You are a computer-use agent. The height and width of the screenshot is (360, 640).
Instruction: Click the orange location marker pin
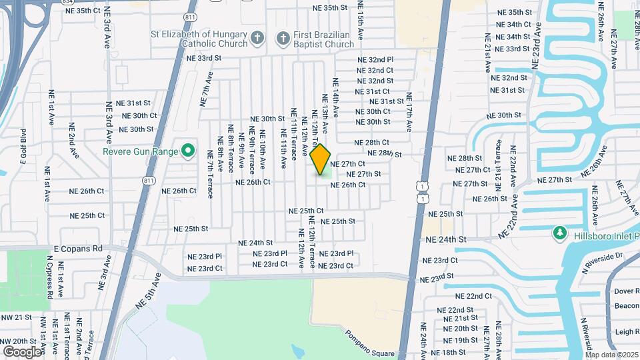pyautogui.click(x=321, y=159)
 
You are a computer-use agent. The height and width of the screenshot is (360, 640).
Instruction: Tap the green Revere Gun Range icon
pyautogui.click(x=188, y=151)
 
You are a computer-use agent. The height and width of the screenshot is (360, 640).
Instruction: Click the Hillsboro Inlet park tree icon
pyautogui.click(x=559, y=233)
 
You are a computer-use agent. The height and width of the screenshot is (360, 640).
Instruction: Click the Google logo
pyautogui.click(x=23, y=351)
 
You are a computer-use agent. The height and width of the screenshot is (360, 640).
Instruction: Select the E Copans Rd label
pyautogui.click(x=78, y=248)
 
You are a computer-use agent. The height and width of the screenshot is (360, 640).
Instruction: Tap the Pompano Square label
pyautogui.click(x=370, y=343)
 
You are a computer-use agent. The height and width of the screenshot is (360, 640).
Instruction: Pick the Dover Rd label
pyautogui.click(x=627, y=291)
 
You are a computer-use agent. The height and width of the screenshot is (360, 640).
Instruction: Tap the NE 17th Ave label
pyautogui.click(x=409, y=111)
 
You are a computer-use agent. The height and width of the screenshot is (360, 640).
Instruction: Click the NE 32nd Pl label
pyautogui.click(x=375, y=59)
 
